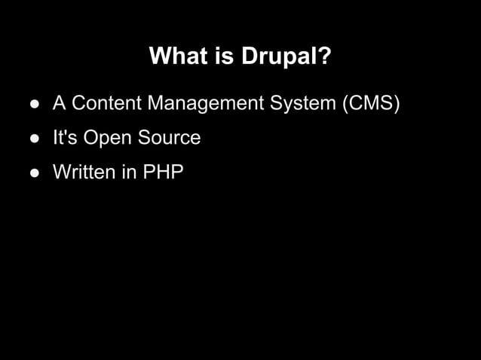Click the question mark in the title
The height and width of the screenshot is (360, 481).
pyautogui.click(x=324, y=56)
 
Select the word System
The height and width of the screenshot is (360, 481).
pyautogui.click(x=303, y=103)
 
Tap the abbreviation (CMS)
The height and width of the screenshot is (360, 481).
pyautogui.click(x=371, y=103)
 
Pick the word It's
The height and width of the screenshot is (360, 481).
pyautogui.click(x=64, y=138)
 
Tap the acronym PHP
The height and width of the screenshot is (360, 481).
pyautogui.click(x=163, y=172)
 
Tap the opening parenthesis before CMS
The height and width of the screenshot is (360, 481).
pyautogui.click(x=345, y=103)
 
